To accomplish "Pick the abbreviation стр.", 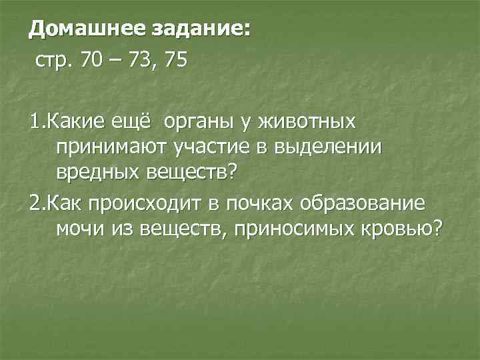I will (x=55, y=62).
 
